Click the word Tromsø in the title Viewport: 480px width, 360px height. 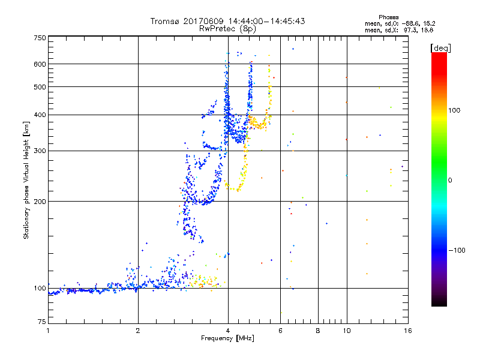(x=165, y=21)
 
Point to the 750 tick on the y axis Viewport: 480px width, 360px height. (x=40, y=38)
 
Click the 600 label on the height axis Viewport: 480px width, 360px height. (x=40, y=64)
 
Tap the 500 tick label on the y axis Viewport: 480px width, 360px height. (x=40, y=87)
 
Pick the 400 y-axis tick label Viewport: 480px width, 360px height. (x=40, y=115)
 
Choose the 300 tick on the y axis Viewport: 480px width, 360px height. (x=40, y=151)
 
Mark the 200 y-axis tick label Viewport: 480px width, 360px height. (x=40, y=202)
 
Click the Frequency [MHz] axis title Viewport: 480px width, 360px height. (x=227, y=339)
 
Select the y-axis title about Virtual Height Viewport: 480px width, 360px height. (x=26, y=180)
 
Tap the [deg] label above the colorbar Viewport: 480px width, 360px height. (x=439, y=47)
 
